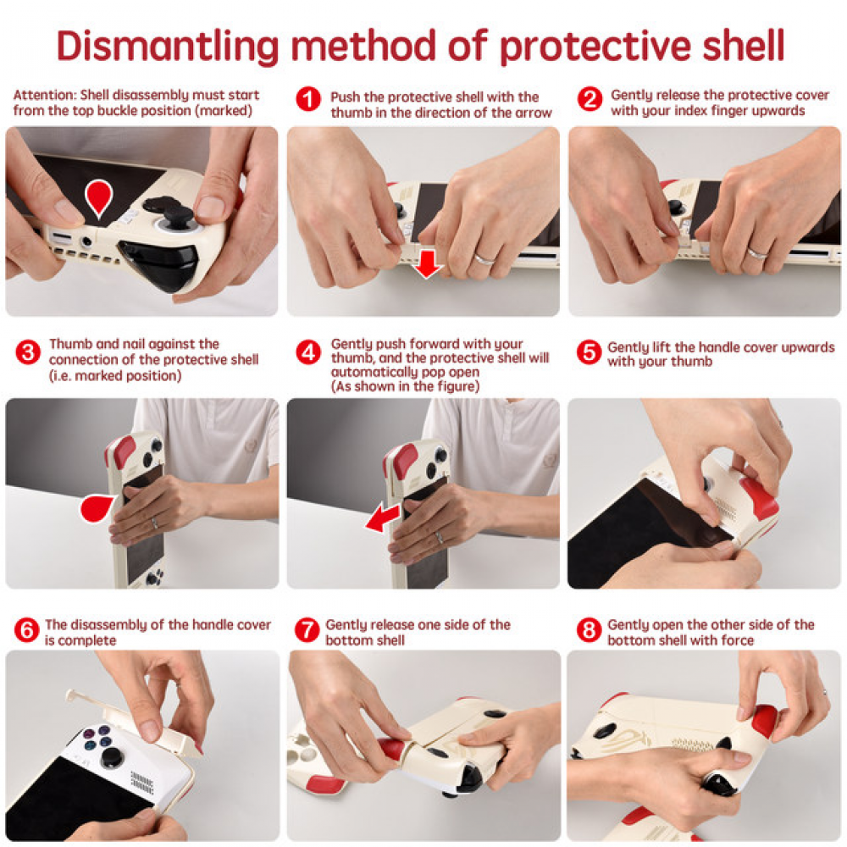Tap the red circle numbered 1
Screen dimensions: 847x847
pos(309,100)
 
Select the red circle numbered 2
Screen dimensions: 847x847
pos(590,100)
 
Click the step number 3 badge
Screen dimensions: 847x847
pos(28,352)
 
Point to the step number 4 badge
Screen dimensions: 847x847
pos(309,352)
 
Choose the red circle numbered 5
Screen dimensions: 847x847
pos(589,352)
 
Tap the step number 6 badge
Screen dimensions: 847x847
pos(27,629)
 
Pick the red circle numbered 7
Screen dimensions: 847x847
pos(307,629)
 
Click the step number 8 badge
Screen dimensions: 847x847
pos(589,629)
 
